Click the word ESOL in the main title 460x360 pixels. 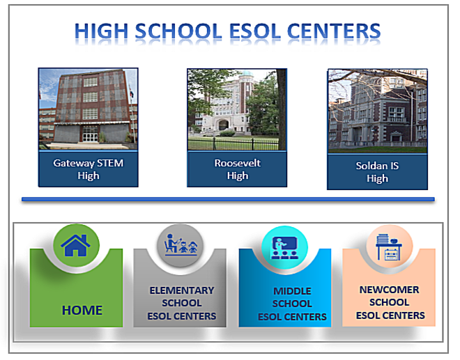click(254, 31)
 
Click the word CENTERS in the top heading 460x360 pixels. click(334, 31)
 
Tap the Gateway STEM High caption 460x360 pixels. click(89, 169)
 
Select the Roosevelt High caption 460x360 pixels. click(238, 169)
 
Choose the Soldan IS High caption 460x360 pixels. click(377, 172)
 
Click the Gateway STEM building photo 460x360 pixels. click(88, 109)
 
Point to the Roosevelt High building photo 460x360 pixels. click(237, 109)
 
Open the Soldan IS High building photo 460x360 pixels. click(378, 111)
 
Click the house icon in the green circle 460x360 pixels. click(75, 245)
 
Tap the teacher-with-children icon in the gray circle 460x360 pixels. click(181, 244)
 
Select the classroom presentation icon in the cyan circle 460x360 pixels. click(284, 248)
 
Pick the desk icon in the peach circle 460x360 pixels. click(389, 246)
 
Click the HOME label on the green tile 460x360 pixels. click(82, 310)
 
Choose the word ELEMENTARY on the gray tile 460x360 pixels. click(182, 290)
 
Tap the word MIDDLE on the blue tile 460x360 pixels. click(292, 291)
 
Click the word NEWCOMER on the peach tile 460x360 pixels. click(390, 290)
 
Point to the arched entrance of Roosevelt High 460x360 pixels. click(223, 125)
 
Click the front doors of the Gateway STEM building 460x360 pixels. click(90, 136)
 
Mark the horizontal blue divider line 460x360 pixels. click(228, 199)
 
